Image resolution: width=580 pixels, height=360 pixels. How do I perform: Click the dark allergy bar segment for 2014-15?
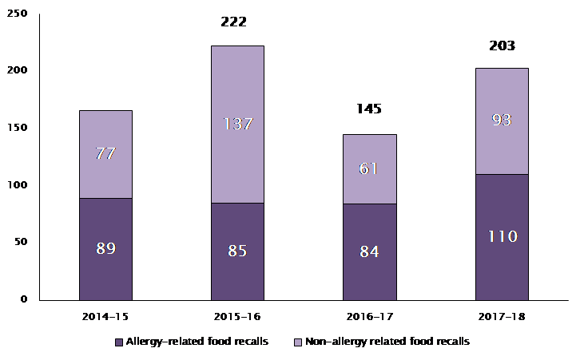click(x=105, y=271)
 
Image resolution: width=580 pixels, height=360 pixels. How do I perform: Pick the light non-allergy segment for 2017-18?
click(x=501, y=144)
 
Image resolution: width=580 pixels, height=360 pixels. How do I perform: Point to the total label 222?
click(x=233, y=22)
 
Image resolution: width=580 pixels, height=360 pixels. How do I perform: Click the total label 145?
click(x=369, y=109)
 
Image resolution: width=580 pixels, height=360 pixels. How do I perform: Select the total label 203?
click(x=502, y=45)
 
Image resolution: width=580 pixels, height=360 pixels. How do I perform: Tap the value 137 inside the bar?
click(x=237, y=124)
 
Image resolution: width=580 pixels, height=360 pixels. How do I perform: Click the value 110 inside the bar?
click(x=502, y=236)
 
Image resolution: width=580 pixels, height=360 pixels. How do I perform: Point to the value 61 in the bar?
click(x=369, y=168)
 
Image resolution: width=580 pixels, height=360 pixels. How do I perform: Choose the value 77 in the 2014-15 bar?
click(x=105, y=153)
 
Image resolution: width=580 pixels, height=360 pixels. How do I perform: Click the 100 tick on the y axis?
click(x=17, y=185)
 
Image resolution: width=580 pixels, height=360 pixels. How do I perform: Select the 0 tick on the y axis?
click(x=24, y=299)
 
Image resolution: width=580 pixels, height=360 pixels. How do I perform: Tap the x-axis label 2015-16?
click(x=237, y=316)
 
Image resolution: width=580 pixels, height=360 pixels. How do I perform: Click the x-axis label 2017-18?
click(x=501, y=316)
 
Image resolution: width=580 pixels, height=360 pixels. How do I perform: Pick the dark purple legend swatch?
click(x=119, y=342)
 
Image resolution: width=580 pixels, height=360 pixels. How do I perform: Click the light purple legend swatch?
click(x=297, y=342)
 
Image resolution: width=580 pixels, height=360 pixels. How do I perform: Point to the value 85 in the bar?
click(x=237, y=251)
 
